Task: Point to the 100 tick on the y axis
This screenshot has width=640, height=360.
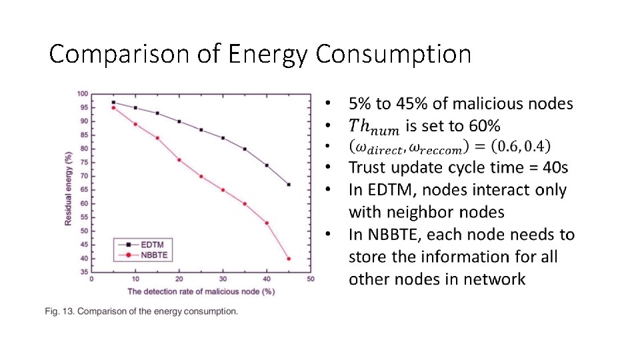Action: pos(82,94)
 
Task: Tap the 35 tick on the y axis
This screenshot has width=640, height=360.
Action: pos(83,272)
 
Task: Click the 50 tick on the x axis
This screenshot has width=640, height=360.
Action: pos(311,279)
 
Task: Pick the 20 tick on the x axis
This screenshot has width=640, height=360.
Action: pos(179,279)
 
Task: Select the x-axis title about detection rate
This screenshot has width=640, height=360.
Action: pos(201,291)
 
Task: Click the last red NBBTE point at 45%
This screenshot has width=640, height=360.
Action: pos(289,259)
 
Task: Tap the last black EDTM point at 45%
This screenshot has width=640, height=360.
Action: pos(289,185)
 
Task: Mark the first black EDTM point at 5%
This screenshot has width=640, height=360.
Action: pos(113,102)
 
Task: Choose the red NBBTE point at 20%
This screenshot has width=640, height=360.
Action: pos(179,160)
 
